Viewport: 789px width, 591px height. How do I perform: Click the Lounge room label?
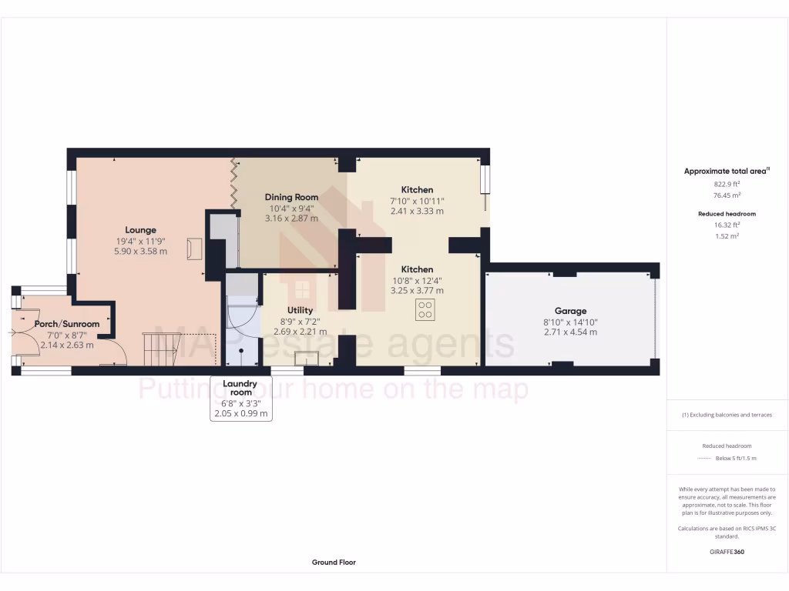point(141,229)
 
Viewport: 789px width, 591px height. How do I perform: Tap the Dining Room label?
point(291,197)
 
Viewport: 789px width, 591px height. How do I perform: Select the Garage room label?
point(571,311)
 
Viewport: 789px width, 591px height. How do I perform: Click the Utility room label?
point(300,310)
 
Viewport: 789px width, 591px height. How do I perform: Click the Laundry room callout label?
point(242,388)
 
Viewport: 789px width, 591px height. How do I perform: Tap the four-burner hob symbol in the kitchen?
point(425,310)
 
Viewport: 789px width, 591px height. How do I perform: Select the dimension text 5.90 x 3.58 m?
point(141,251)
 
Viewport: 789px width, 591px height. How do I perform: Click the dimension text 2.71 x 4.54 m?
point(571,332)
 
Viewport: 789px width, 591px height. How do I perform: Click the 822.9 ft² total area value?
point(727,185)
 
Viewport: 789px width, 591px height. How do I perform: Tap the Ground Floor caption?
point(334,563)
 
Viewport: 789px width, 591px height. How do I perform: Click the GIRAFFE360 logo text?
point(727,552)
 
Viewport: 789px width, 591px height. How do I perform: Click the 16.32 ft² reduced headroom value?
point(727,226)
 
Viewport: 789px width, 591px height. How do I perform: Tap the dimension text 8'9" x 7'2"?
point(300,321)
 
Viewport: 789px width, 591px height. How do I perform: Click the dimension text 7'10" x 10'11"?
point(417,200)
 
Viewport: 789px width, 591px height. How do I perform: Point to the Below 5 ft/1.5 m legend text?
point(736,458)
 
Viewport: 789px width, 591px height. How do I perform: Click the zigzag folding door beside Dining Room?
point(235,184)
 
